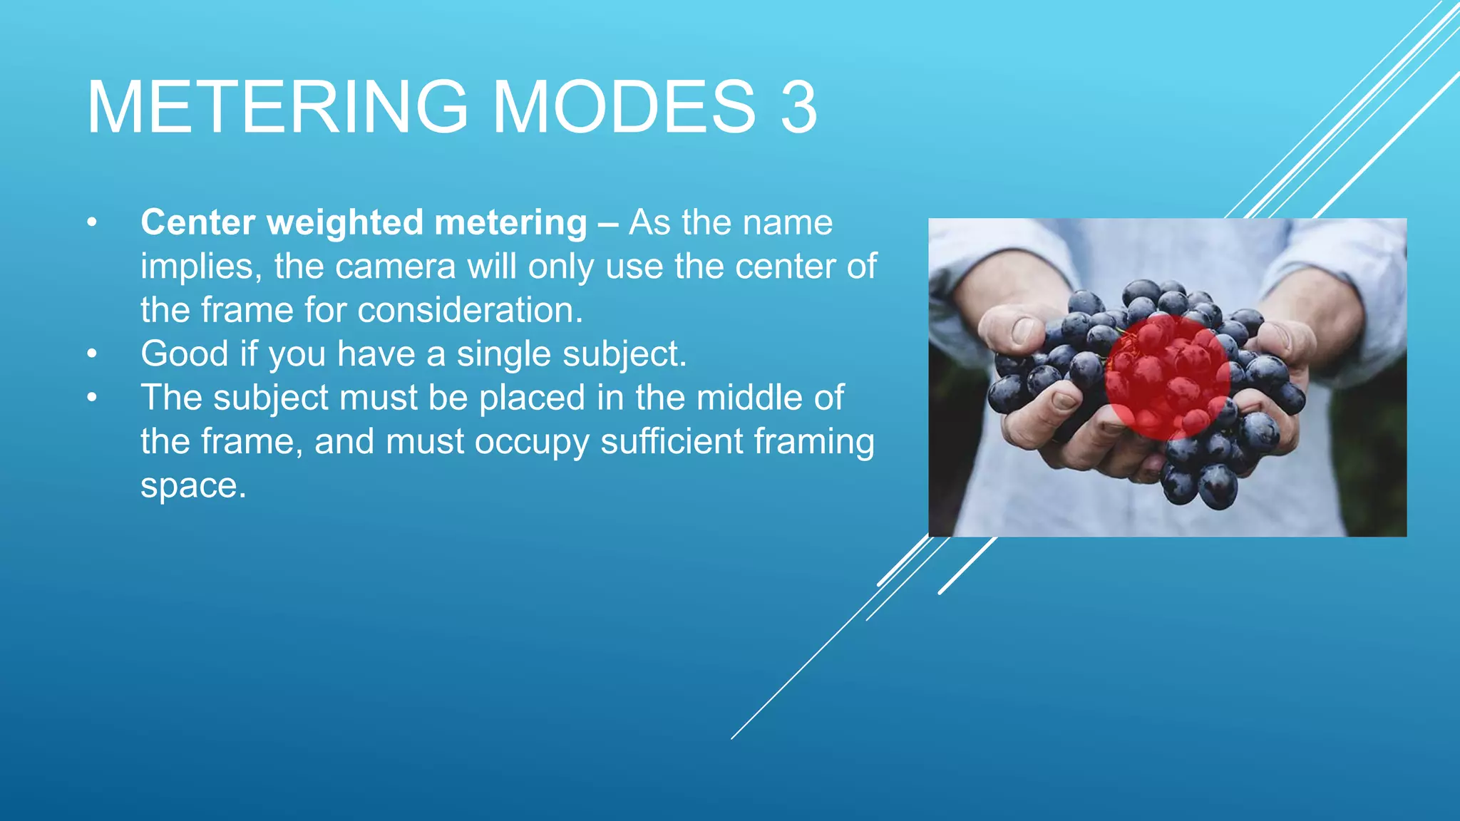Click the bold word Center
point(197,222)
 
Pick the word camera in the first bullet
point(395,267)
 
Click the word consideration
point(470,311)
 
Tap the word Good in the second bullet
point(185,353)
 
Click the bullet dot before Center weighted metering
point(91,223)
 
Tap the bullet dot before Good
point(91,354)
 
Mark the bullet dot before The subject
point(91,398)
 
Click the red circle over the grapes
point(1167,377)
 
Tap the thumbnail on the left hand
point(1024,329)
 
